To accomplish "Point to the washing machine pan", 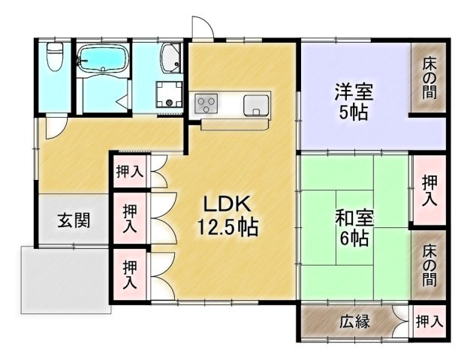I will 170,94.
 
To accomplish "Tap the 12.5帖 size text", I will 227,226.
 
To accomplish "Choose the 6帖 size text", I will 353,241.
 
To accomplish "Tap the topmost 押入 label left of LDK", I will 129,171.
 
